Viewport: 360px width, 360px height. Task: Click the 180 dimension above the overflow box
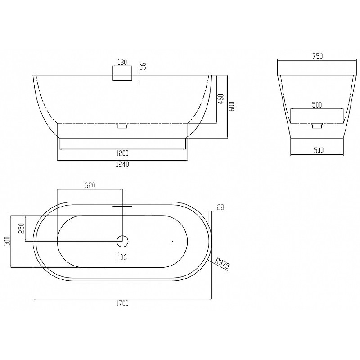point(122,62)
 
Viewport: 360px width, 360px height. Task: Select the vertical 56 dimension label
point(143,66)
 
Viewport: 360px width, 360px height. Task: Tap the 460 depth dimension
point(220,99)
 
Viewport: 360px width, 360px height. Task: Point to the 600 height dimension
point(232,107)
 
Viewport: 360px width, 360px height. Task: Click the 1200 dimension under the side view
point(122,153)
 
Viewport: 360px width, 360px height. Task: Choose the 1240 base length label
point(122,164)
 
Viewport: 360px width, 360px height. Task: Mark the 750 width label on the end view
point(318,56)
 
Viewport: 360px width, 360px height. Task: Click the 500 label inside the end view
point(317,105)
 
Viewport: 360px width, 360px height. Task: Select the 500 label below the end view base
point(319,150)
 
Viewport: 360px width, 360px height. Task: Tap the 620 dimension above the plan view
point(90,185)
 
